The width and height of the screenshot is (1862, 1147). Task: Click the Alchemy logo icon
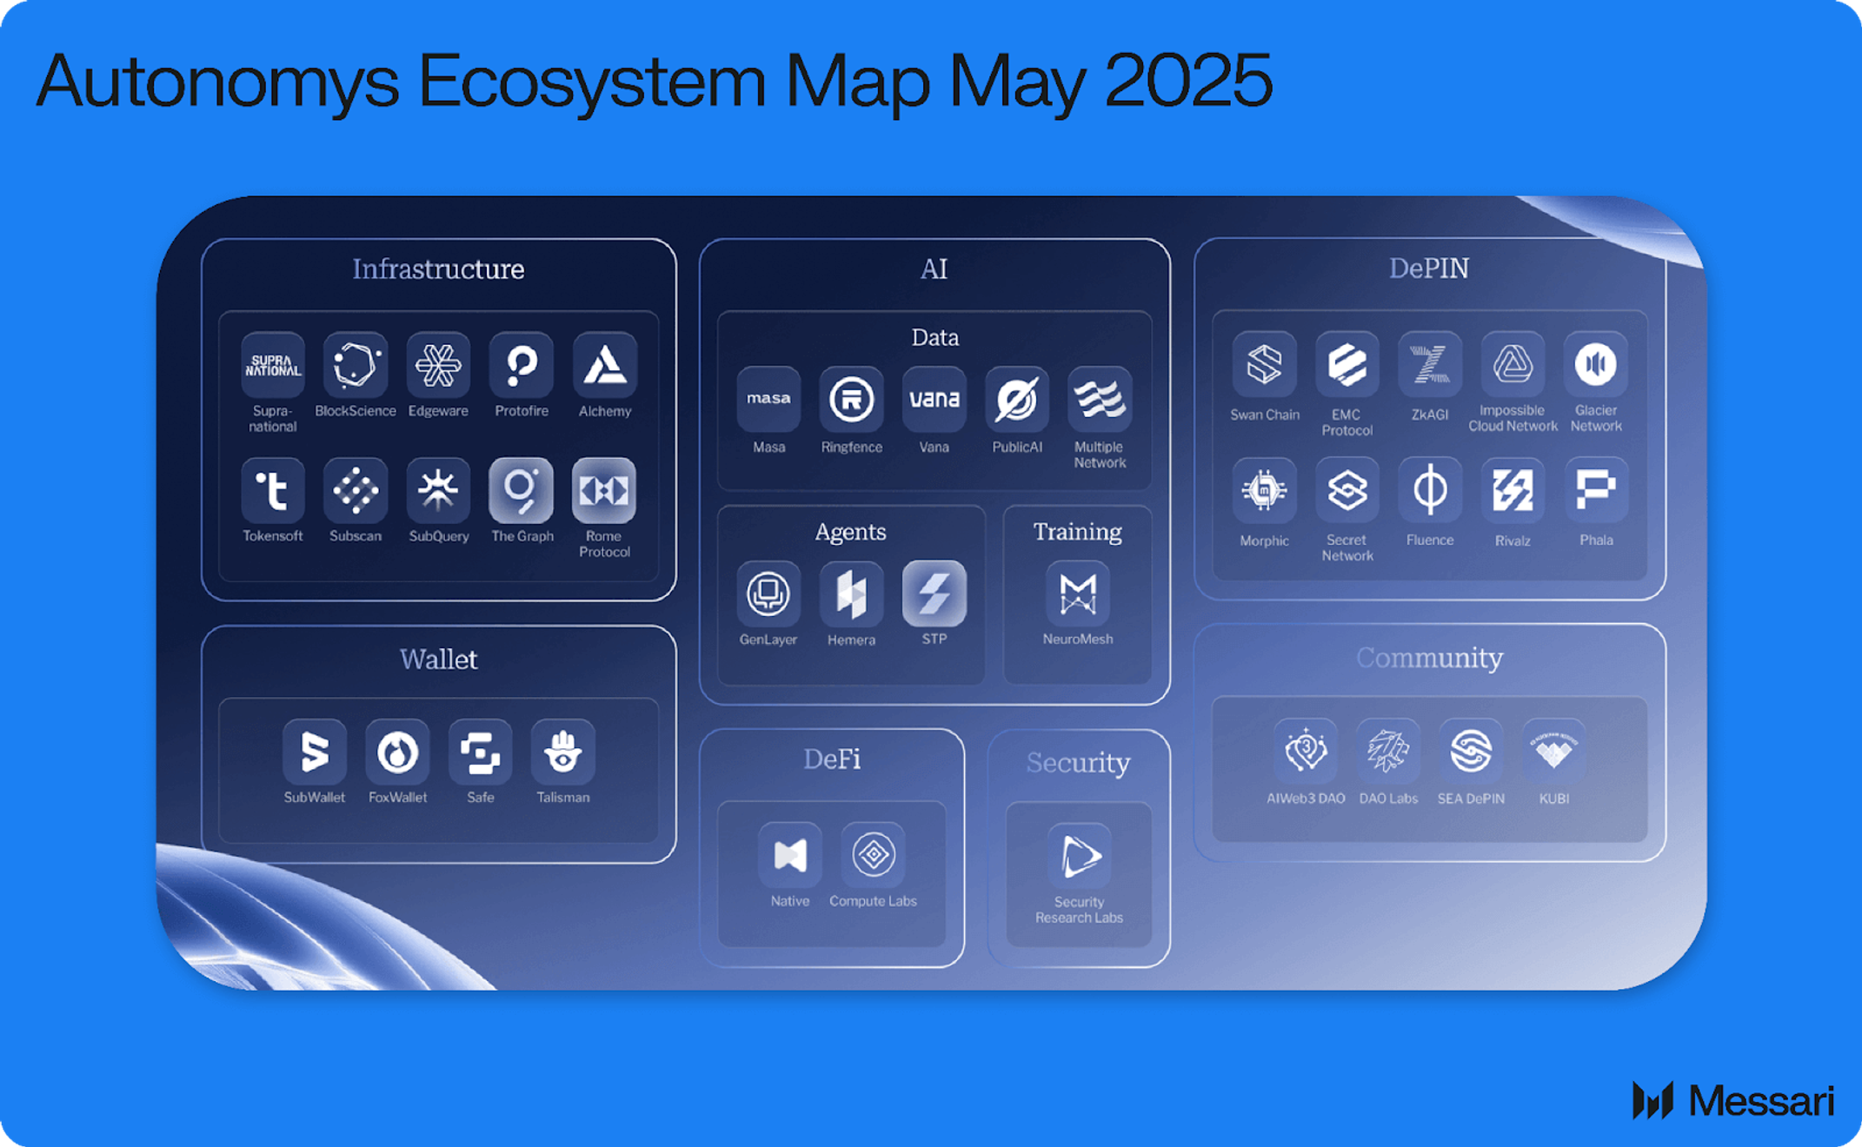click(604, 365)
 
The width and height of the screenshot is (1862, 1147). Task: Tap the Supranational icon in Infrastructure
click(272, 365)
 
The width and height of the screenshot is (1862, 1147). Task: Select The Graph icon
click(521, 491)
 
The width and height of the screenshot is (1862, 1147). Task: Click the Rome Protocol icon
click(604, 491)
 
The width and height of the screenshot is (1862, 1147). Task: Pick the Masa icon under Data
click(768, 400)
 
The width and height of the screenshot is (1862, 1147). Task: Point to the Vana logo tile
click(934, 400)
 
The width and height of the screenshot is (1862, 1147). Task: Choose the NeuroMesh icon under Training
click(1078, 593)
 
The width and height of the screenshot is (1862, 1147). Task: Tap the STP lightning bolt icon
click(934, 593)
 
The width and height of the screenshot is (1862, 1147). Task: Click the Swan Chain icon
click(1264, 364)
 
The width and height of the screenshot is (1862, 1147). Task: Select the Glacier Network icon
click(1596, 364)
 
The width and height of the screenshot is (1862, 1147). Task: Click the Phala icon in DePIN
click(1596, 490)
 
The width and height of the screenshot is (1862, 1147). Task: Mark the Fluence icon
click(1430, 490)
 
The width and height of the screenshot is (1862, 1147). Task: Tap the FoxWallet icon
click(397, 752)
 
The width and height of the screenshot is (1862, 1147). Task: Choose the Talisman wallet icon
click(563, 752)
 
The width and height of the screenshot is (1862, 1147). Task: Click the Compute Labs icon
click(873, 855)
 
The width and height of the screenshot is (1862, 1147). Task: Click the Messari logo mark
click(1653, 1100)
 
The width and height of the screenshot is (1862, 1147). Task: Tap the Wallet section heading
click(438, 659)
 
